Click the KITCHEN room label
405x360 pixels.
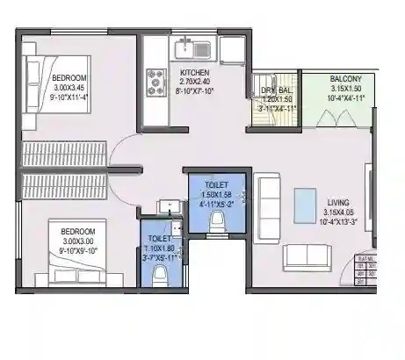point(194,72)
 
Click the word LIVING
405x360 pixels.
point(338,199)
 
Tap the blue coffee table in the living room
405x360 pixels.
point(305,200)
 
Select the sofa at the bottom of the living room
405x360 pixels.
point(307,256)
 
